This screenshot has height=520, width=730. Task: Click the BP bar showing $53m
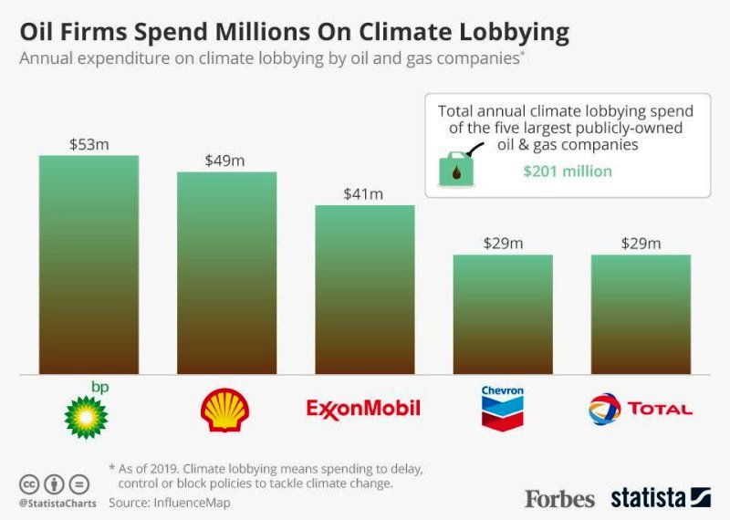[89, 265]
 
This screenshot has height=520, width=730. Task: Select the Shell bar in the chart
[226, 273]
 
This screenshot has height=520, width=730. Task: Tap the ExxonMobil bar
[365, 289]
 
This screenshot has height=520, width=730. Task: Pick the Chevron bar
[503, 314]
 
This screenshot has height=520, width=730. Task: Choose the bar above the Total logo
[641, 314]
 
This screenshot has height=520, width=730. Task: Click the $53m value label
[89, 143]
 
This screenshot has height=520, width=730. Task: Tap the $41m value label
[364, 193]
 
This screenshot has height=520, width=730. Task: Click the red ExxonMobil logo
[364, 408]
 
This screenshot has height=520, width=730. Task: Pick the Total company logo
[641, 409]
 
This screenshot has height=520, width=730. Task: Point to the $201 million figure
[568, 171]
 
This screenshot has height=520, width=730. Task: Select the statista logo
[661, 498]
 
